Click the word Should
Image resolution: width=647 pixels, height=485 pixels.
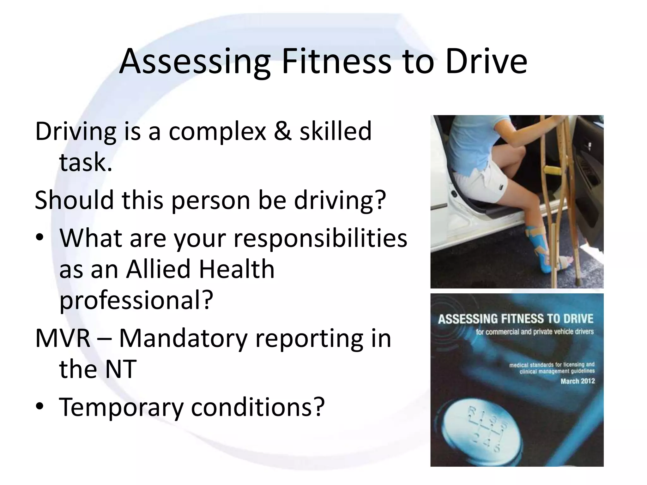click(74, 200)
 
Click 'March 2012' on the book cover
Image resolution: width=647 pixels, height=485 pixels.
click(577, 381)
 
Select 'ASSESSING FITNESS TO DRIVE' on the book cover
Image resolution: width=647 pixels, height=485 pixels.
click(516, 319)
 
